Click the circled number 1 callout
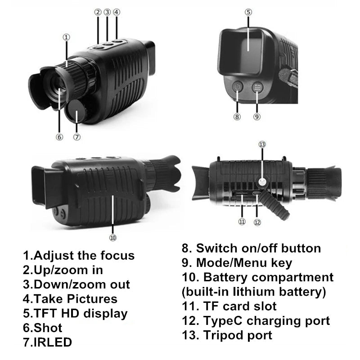66,37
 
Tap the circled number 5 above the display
248,12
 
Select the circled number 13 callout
262,144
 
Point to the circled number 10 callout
113,238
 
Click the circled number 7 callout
76,137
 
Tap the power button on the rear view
237,87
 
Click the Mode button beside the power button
257,87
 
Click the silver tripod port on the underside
261,182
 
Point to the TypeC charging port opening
257,193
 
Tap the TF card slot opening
241,194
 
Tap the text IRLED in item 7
53,342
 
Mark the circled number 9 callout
257,117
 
